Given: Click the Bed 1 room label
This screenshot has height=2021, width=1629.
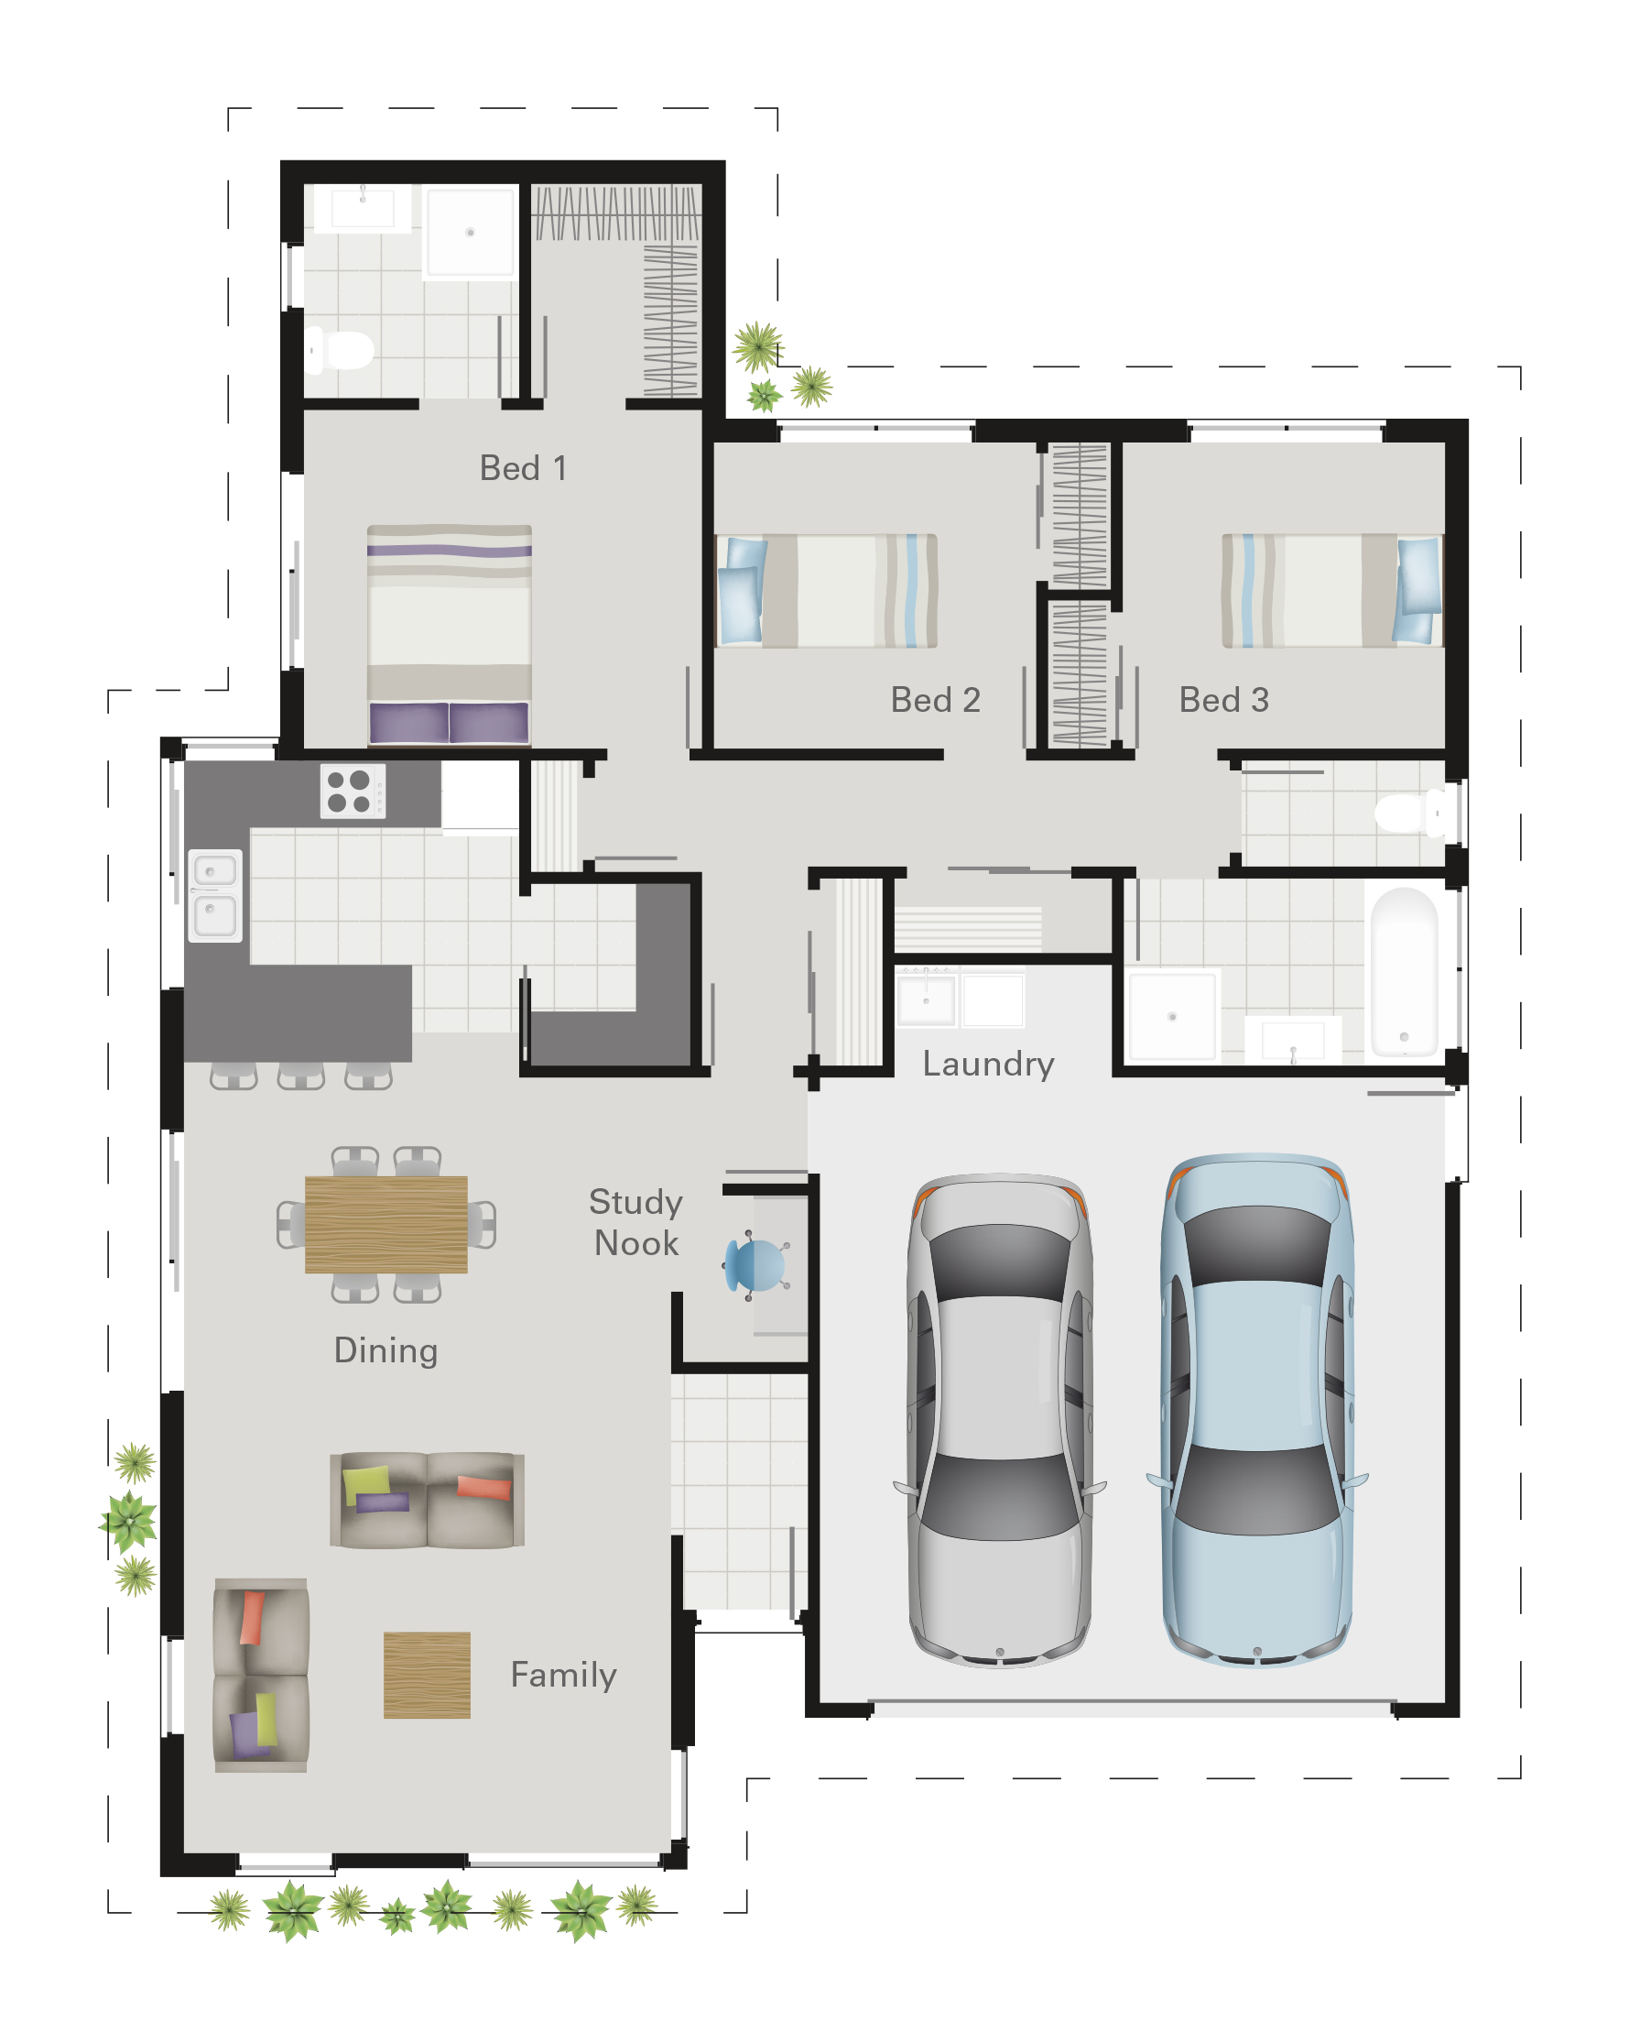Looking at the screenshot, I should tap(523, 467).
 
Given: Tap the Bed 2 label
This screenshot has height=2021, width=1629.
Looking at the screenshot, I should tap(935, 699).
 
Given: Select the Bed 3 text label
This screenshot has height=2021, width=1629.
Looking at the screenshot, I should tap(1222, 699).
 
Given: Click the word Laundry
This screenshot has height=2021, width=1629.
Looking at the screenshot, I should tap(987, 1064).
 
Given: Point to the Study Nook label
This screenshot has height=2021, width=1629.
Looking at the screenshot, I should tap(635, 1222).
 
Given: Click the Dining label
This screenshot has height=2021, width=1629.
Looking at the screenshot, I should tap(386, 1349).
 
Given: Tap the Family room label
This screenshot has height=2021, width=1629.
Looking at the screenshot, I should tap(563, 1675).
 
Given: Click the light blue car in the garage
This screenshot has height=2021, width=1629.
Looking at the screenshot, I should tap(1256, 1408).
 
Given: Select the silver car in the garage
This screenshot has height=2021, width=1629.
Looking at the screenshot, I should tap(999, 1417).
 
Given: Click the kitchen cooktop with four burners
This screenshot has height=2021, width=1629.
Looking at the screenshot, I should tap(351, 792).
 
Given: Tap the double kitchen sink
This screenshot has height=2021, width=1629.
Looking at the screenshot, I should tap(215, 894).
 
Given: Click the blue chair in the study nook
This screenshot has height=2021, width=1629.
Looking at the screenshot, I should tap(755, 1265).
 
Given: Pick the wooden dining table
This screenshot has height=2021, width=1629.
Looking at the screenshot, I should tap(386, 1224).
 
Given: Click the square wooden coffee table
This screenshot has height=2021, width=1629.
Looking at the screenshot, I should tap(426, 1676).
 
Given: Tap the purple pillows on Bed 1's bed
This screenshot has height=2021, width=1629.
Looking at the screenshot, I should tap(449, 723).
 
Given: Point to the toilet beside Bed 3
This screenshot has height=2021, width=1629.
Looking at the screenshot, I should tap(1413, 813).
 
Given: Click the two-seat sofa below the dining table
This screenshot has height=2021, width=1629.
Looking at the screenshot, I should tap(427, 1499).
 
